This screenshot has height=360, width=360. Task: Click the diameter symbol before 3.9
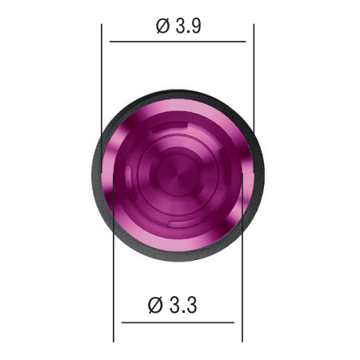(162, 26)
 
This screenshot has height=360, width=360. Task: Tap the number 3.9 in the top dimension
(188, 26)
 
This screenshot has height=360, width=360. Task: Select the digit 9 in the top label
(196, 26)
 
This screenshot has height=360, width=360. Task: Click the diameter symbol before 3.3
(155, 305)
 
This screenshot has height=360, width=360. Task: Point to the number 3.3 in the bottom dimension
(183, 305)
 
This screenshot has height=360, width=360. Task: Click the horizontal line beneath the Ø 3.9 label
(178, 42)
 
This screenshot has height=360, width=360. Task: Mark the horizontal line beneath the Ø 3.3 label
(178, 322)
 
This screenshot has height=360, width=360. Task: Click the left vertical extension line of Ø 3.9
(102, 98)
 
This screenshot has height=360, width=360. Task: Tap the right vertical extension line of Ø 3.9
(254, 79)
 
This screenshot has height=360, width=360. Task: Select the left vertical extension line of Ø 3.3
(114, 258)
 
